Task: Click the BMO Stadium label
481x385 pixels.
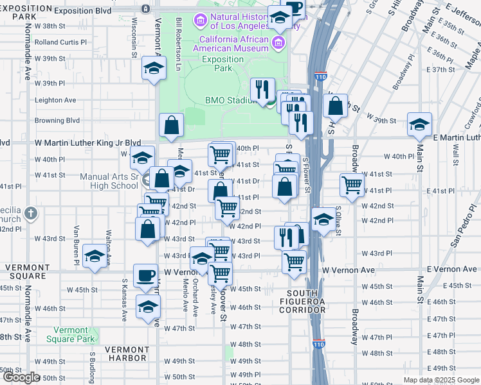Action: (x=231, y=100)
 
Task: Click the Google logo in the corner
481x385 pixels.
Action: (x=21, y=377)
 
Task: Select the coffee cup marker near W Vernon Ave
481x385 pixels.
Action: (x=145, y=275)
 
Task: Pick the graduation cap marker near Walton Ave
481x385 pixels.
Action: (x=95, y=257)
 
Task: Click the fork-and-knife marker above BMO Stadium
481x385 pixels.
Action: (x=262, y=89)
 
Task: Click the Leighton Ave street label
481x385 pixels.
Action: (x=55, y=100)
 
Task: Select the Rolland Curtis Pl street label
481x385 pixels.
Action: (x=60, y=42)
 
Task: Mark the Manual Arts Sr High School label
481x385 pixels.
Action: (x=109, y=182)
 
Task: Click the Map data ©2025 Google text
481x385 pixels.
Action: (x=441, y=380)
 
